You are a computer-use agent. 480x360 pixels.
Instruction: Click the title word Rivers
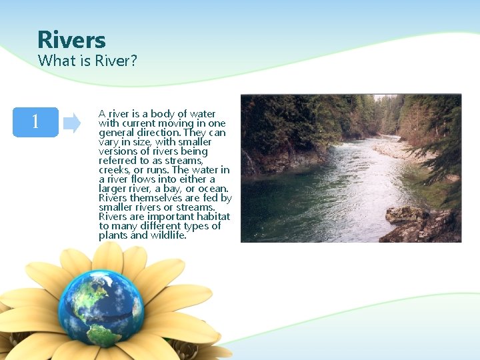[x=71, y=40]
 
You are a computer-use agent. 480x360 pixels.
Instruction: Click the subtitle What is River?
[x=87, y=61]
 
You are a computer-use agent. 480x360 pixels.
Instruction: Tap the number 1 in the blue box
[x=35, y=122]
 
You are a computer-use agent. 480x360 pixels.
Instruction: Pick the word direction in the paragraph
[x=160, y=133]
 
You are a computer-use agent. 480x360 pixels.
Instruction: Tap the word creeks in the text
[x=113, y=170]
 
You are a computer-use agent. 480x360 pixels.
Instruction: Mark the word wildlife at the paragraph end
[x=167, y=235]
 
